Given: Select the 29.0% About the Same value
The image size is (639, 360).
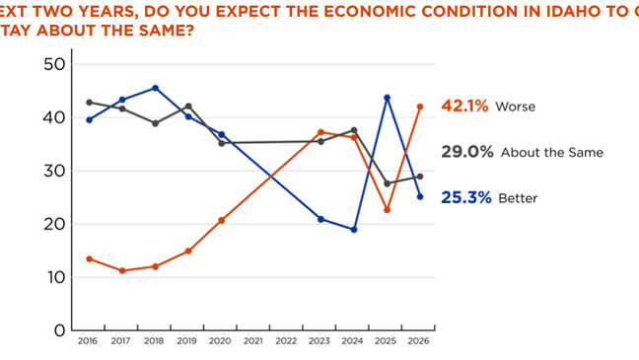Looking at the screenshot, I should [x=464, y=153].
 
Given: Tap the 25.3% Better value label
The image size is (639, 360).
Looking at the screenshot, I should [x=464, y=197].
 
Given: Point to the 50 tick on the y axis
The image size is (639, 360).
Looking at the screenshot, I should [x=55, y=64].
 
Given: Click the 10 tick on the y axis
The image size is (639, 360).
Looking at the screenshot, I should [x=55, y=277].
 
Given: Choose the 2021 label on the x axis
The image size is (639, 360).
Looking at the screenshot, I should [x=253, y=341].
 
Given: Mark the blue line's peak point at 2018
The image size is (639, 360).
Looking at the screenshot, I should [x=155, y=88].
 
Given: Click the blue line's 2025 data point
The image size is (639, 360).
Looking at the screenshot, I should [x=387, y=97].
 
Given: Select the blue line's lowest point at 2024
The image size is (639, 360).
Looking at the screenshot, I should [x=353, y=230].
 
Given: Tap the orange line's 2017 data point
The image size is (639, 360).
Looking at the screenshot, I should [x=122, y=270].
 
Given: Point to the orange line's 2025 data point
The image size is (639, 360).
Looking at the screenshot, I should [x=387, y=210].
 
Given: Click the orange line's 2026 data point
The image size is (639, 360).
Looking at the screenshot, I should [x=420, y=107].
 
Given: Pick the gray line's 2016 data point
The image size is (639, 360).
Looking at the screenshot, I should [x=89, y=102].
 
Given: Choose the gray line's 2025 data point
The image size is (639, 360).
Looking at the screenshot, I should [x=387, y=183].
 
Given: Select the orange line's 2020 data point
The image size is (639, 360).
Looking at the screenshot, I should [x=221, y=220].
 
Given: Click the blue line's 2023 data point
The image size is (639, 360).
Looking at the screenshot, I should [x=320, y=219].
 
